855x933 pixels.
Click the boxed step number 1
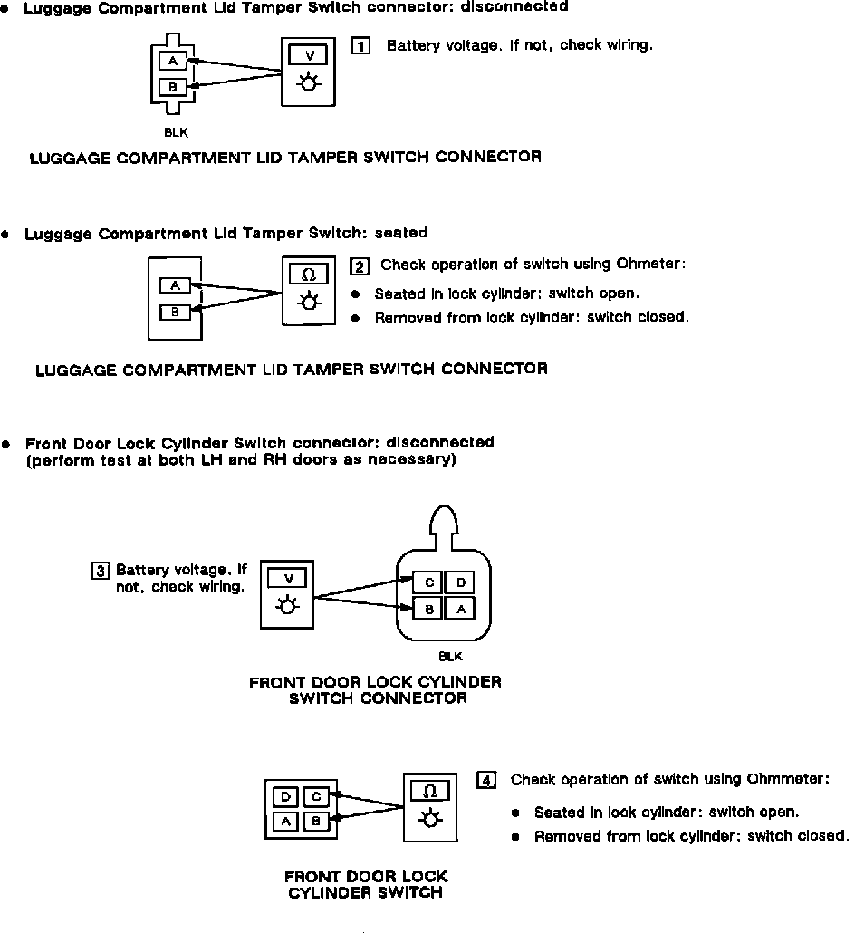(360, 46)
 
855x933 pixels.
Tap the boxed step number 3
(101, 571)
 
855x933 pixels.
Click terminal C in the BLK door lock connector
(428, 583)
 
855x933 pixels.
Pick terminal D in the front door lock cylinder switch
(285, 797)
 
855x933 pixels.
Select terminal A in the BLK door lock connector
(460, 609)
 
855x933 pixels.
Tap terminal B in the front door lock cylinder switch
(316, 822)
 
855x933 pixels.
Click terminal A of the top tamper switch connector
(173, 62)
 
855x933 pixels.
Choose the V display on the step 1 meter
(310, 55)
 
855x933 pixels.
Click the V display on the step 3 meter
(288, 578)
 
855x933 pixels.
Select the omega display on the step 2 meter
(309, 274)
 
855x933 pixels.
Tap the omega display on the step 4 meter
(430, 791)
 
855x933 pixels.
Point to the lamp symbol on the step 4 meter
(430, 819)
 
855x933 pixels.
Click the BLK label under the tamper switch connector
(177, 132)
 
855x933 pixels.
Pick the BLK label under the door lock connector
(450, 656)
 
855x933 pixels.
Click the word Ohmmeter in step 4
(788, 780)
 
